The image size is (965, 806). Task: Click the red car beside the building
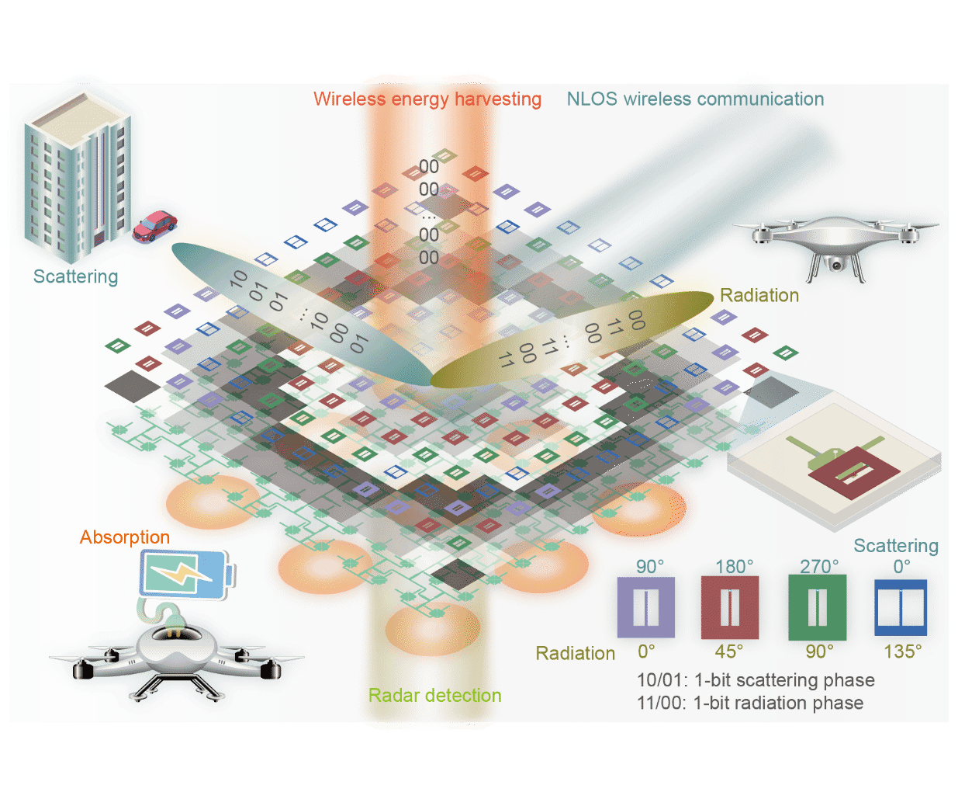click(x=155, y=226)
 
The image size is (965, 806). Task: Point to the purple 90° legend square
click(x=645, y=607)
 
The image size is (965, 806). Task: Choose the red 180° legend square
click(x=729, y=607)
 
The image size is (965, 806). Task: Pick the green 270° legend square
click(x=817, y=607)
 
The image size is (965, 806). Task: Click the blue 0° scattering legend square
click(x=901, y=607)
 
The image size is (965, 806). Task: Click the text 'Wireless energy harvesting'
click(x=427, y=99)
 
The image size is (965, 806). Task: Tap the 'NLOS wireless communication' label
click(x=695, y=99)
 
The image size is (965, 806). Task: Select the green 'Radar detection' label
click(x=434, y=695)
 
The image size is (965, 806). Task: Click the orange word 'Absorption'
click(x=125, y=537)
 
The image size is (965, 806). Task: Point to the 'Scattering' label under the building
click(x=76, y=277)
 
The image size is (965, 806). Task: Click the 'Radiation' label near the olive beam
click(x=759, y=296)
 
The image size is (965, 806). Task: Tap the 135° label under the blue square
click(x=903, y=651)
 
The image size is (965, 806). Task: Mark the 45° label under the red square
click(x=729, y=651)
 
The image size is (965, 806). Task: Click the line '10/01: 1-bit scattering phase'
click(x=756, y=680)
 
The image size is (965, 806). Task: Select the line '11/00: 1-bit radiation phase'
click(x=750, y=703)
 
